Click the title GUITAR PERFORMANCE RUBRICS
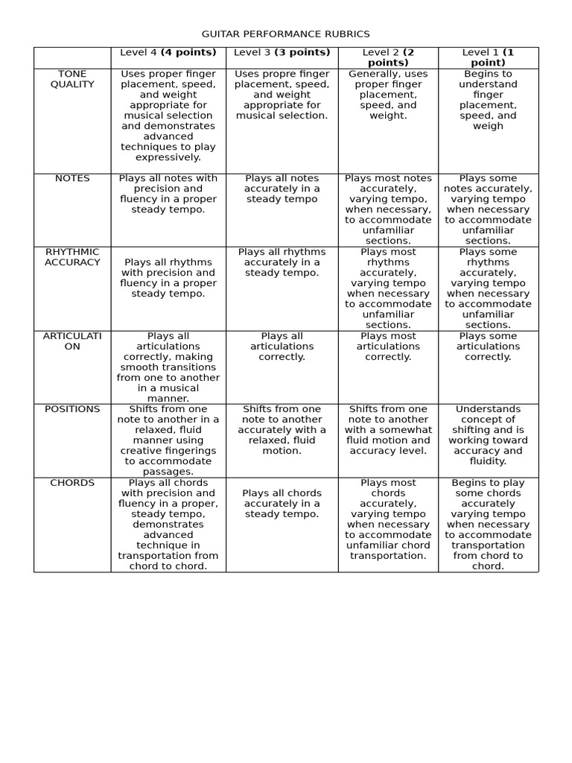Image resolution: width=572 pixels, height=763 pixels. pyautogui.click(x=286, y=34)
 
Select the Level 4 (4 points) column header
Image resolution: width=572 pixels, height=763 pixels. pyautogui.click(x=168, y=52)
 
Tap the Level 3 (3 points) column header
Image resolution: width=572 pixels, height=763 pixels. pyautogui.click(x=282, y=52)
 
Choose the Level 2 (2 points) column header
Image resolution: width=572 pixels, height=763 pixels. pyautogui.click(x=388, y=57)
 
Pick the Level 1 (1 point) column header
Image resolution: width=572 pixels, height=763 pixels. pyautogui.click(x=488, y=57)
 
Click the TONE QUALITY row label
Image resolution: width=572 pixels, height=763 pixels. pyautogui.click(x=72, y=79)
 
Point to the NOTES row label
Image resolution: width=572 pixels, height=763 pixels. pyautogui.click(x=72, y=179)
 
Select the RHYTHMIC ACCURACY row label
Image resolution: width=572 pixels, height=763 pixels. pyautogui.click(x=72, y=257)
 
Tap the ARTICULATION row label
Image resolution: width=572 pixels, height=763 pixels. pyautogui.click(x=72, y=341)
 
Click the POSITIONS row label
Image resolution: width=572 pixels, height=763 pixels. pyautogui.click(x=72, y=409)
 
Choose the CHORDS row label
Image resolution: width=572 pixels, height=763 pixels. pyautogui.click(x=72, y=483)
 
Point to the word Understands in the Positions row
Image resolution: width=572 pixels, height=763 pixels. pyautogui.click(x=488, y=409)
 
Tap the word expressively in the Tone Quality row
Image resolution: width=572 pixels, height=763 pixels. pyautogui.click(x=168, y=157)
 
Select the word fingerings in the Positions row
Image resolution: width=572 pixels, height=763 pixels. pyautogui.click(x=191, y=451)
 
